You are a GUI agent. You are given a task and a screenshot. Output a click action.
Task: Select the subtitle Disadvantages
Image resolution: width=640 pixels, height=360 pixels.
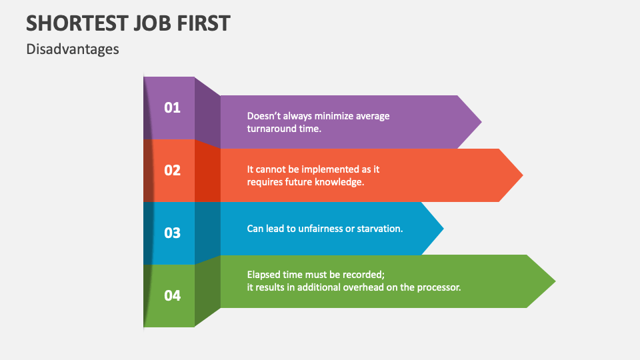tap(73, 49)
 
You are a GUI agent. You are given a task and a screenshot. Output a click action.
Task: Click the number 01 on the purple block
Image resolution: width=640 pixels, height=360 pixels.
tap(172, 108)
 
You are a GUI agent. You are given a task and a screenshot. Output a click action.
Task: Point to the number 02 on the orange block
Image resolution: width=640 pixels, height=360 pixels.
tap(172, 170)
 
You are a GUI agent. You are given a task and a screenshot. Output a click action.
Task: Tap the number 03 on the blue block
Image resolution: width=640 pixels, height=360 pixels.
tap(172, 233)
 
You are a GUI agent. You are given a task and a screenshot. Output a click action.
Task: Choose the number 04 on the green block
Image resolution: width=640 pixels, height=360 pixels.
tap(172, 295)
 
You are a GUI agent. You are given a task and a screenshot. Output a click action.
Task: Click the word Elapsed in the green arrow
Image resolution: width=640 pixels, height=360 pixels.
tap(263, 275)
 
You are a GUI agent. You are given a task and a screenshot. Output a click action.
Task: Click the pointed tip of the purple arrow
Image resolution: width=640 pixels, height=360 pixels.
tap(481, 121)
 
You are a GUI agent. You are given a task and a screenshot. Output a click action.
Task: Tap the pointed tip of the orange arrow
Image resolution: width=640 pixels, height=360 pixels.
tap(523, 175)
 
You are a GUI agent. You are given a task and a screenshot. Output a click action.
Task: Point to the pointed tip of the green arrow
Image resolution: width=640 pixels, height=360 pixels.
tap(555, 281)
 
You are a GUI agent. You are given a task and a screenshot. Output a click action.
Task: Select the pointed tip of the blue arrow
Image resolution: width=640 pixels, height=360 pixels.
tap(443, 229)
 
